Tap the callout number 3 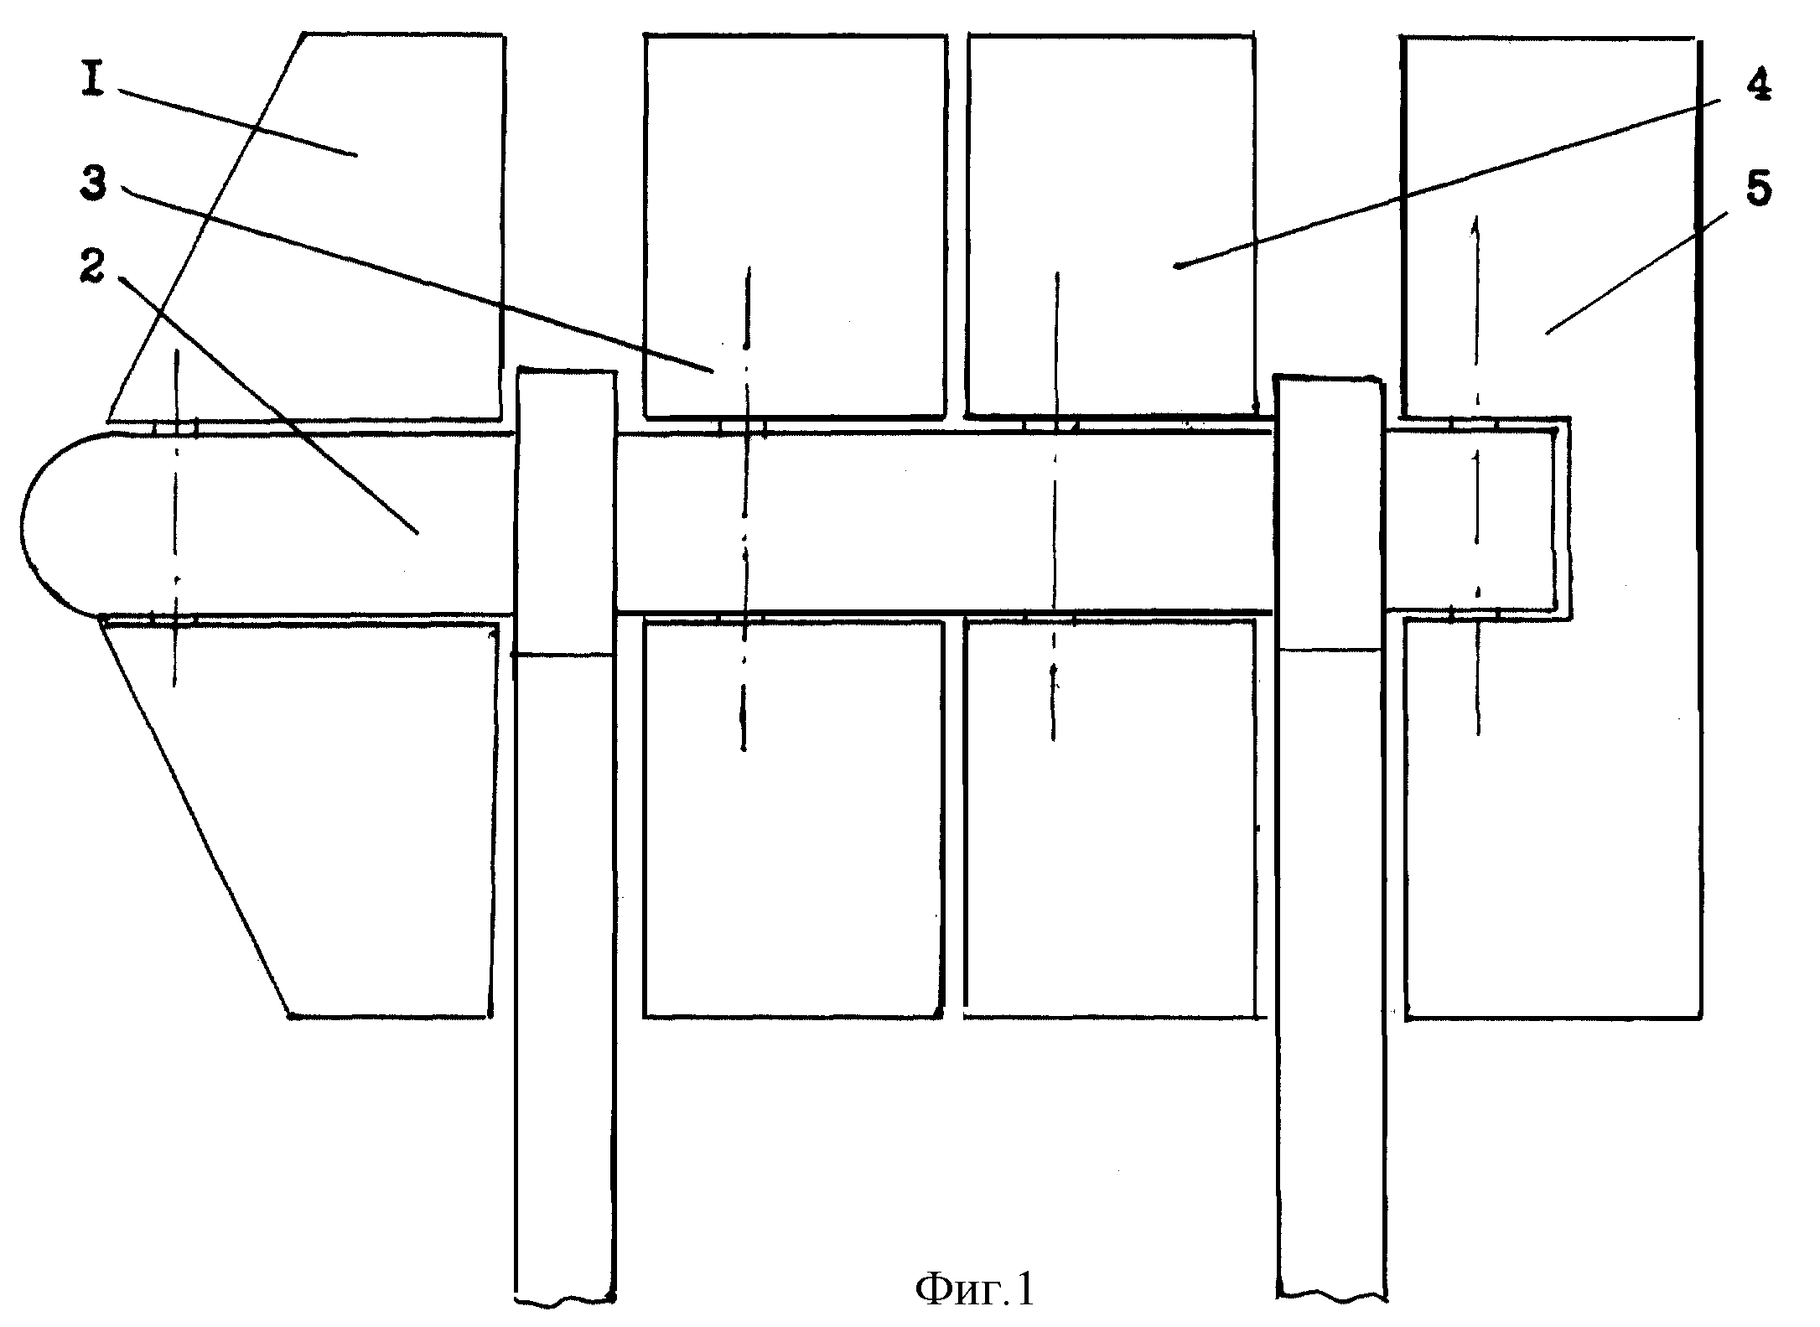point(93,182)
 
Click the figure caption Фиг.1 point(975,1288)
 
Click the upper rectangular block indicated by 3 point(795,225)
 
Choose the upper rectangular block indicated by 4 point(1112,225)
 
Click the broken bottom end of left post point(563,1302)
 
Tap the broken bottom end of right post point(1330,1300)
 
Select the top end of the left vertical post point(567,368)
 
